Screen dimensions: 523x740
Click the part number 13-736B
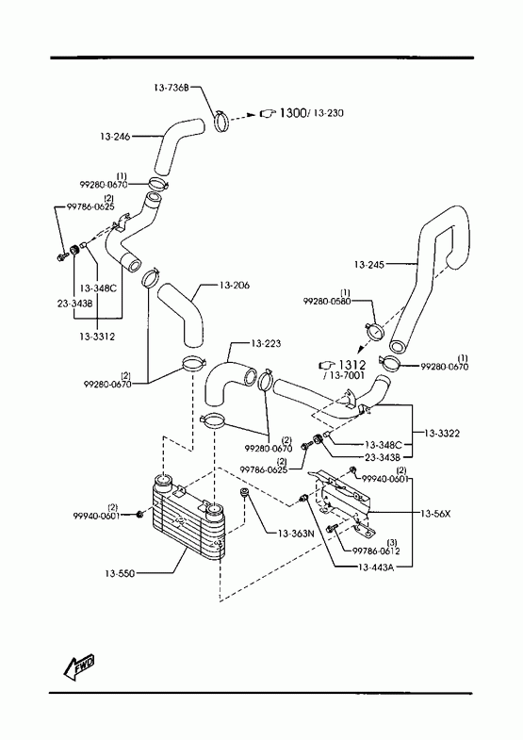(x=172, y=88)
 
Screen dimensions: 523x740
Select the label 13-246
(x=115, y=137)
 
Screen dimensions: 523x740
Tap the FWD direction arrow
(x=79, y=666)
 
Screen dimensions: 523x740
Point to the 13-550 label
(x=120, y=574)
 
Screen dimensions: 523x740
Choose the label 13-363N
(x=296, y=534)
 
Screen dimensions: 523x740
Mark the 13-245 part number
(x=369, y=265)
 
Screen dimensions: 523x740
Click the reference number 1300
(x=293, y=113)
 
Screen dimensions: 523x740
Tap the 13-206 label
(x=235, y=286)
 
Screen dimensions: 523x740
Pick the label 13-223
(x=266, y=343)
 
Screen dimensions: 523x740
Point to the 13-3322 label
(x=442, y=434)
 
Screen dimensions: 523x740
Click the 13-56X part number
(x=435, y=514)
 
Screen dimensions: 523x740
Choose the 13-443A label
(x=376, y=567)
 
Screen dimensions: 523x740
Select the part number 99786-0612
(x=376, y=551)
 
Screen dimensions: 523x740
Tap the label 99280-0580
(x=327, y=301)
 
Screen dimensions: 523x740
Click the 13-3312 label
(x=97, y=337)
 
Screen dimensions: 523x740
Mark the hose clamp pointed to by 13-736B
(x=222, y=122)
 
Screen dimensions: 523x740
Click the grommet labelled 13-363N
(x=245, y=494)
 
